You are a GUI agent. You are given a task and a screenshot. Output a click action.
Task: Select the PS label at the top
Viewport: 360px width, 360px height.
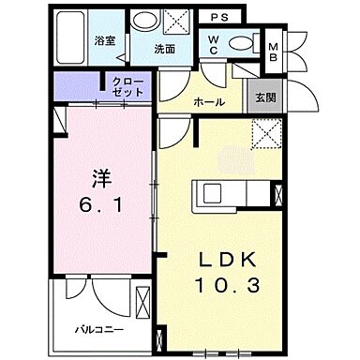218,17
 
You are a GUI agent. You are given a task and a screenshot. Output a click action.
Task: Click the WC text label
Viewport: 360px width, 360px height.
213,44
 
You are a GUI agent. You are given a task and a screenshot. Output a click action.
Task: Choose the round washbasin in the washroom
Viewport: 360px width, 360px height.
144,22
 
